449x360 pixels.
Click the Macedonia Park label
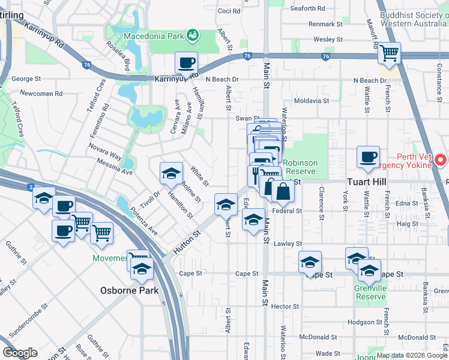click(153, 35)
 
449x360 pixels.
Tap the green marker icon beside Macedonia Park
click(193, 35)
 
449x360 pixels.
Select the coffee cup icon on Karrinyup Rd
click(186, 62)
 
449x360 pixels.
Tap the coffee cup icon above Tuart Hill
click(367, 157)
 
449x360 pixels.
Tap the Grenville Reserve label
click(370, 292)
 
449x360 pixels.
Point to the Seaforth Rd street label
click(307, 8)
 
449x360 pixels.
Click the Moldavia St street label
click(310, 101)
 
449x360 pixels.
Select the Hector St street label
click(286, 306)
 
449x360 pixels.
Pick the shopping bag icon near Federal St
click(283, 191)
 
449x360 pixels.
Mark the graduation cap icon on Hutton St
click(226, 205)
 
